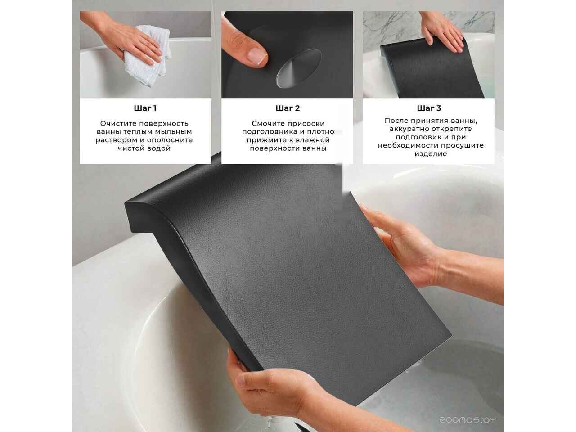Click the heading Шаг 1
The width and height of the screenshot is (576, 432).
[145, 108]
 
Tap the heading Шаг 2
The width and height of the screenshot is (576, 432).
[288, 108]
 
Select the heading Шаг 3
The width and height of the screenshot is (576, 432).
[429, 108]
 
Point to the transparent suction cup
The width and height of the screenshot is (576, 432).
[299, 68]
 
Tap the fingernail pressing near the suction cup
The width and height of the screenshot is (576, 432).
[257, 56]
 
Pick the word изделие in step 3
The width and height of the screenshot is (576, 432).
[431, 154]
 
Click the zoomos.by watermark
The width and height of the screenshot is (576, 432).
[468, 420]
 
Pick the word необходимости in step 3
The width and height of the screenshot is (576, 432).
[406, 145]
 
